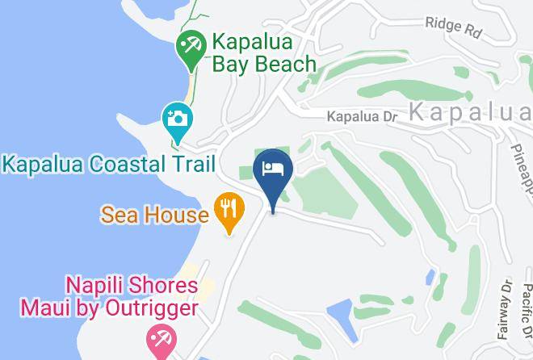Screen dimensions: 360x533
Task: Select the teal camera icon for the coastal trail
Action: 175,119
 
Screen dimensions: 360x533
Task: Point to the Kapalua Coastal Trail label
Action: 108,165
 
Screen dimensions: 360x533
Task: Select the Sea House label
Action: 155,216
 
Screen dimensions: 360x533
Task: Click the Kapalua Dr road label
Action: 363,117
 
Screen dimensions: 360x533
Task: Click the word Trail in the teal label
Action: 191,165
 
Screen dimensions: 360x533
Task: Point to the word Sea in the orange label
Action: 120,216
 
